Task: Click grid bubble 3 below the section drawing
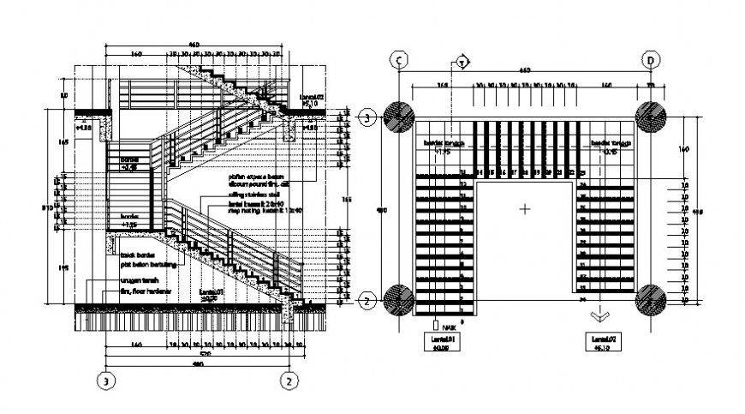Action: coord(106,380)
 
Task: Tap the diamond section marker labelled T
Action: coord(462,62)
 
